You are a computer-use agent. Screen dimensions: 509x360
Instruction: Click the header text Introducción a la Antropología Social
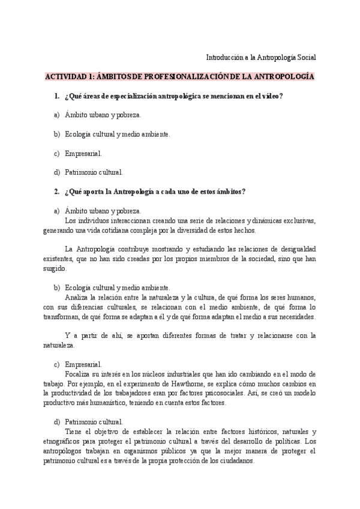pos(260,58)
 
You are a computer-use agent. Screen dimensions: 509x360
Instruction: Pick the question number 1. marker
pos(56,97)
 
